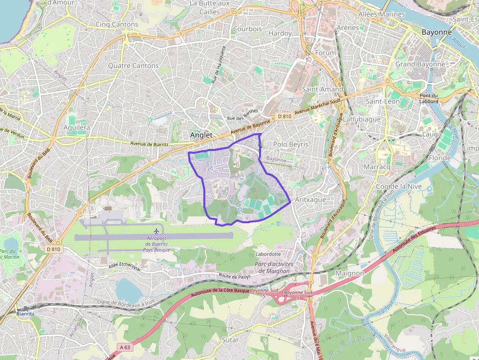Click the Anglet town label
tap(201, 135)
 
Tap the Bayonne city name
tap(436, 32)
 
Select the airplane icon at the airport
tap(156, 230)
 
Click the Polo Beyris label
tap(291, 144)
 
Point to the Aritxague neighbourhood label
tap(310, 199)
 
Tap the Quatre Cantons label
tap(133, 65)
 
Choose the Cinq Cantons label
tap(117, 24)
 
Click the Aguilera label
tap(77, 127)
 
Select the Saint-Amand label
tap(323, 89)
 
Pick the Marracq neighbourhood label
tap(377, 167)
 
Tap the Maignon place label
tap(350, 273)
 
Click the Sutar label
tap(230, 339)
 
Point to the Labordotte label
tap(268, 254)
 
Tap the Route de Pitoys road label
tap(235, 276)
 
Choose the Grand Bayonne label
tap(420, 64)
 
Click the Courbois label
tap(247, 29)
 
